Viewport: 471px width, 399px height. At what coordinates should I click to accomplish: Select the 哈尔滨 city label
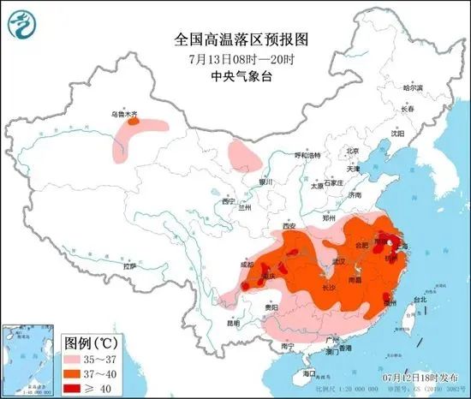[414, 88]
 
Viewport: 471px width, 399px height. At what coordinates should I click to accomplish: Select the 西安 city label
[287, 226]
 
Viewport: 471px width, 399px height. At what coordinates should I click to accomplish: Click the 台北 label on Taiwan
[420, 300]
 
